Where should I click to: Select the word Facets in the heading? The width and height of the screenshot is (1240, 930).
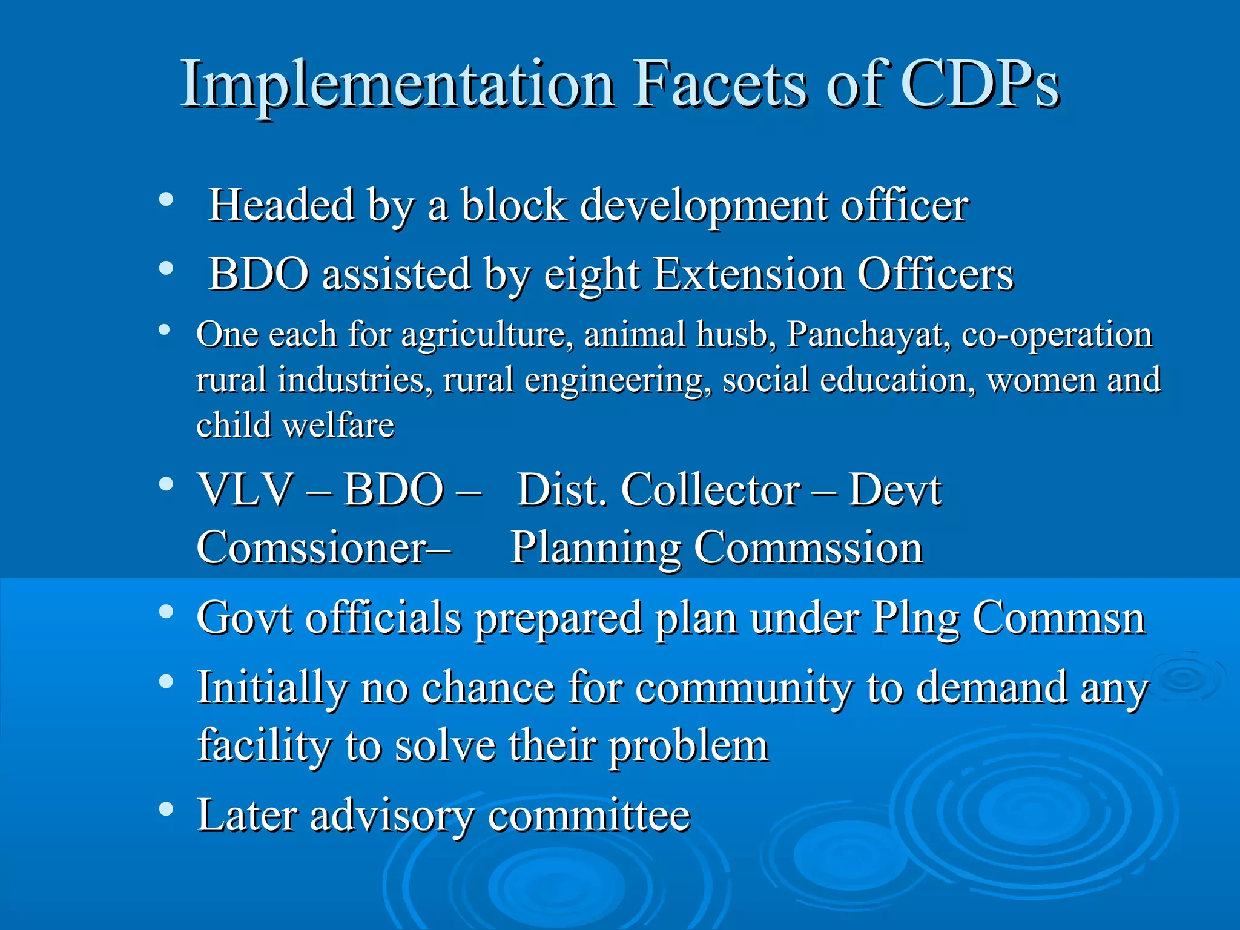pos(720,85)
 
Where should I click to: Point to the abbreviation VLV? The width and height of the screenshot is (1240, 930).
pos(246,489)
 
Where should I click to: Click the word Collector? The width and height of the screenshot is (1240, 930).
pos(711,489)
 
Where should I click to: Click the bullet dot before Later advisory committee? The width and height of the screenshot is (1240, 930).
pos(166,810)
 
